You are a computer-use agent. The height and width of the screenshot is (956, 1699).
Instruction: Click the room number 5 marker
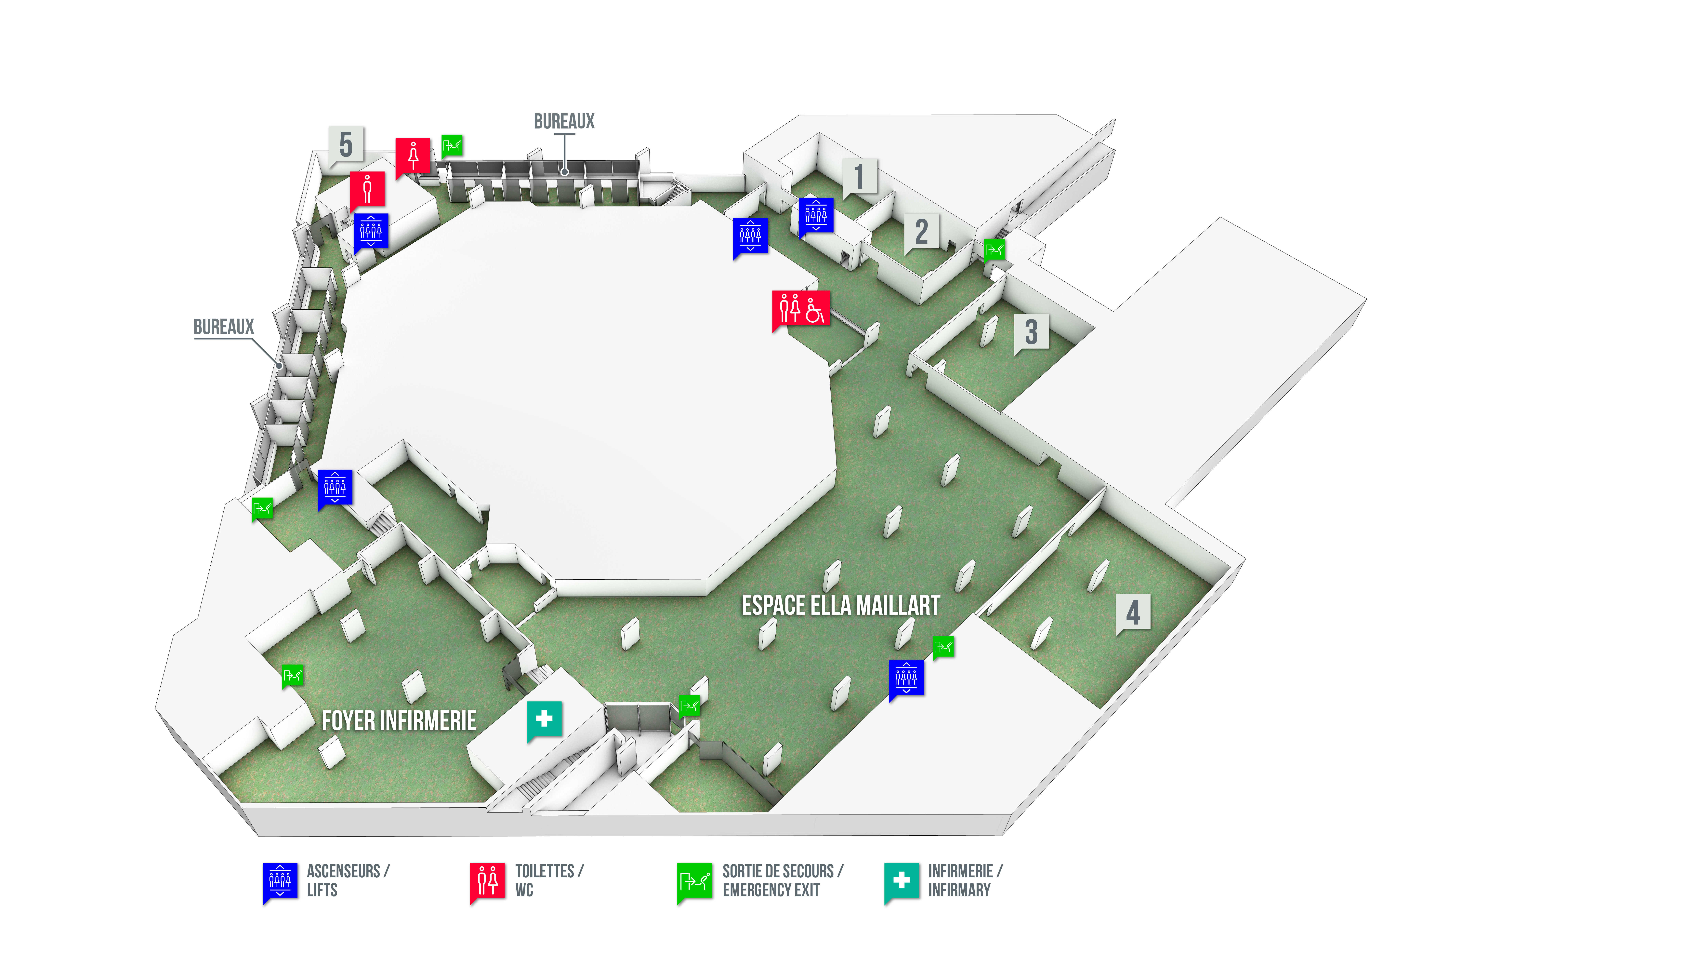[346, 144]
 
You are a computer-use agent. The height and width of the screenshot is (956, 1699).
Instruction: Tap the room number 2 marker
[921, 232]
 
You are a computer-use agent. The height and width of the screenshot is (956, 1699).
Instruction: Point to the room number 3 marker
[1031, 332]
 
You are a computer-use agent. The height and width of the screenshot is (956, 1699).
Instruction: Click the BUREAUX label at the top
[564, 121]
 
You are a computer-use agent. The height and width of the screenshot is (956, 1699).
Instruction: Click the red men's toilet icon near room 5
[367, 189]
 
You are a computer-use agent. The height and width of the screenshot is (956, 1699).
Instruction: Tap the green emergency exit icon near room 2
[994, 249]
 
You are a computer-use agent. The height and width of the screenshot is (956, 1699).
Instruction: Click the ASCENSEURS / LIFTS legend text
[348, 880]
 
